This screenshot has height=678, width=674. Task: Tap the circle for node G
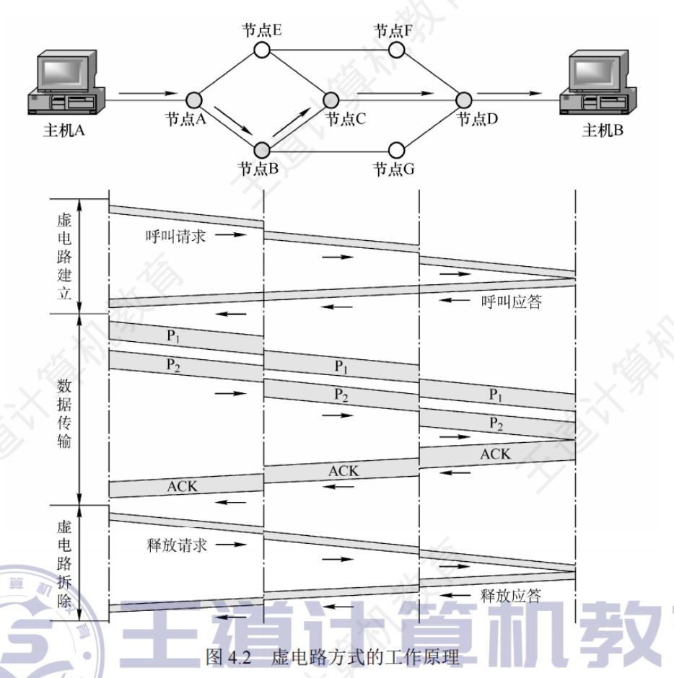[x=395, y=150]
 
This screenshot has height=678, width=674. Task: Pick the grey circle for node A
[x=193, y=100]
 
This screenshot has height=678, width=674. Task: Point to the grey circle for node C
[x=331, y=100]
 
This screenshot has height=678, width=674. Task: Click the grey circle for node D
[x=463, y=100]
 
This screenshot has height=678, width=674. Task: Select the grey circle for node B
[x=261, y=150]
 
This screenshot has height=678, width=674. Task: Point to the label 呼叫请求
[x=175, y=236]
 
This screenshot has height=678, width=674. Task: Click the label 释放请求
[x=176, y=545]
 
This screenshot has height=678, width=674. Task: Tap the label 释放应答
[x=511, y=596]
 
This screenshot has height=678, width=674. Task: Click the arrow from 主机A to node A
[x=147, y=93]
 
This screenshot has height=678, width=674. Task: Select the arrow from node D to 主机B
[x=509, y=93]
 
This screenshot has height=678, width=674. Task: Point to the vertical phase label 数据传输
[x=64, y=408]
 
